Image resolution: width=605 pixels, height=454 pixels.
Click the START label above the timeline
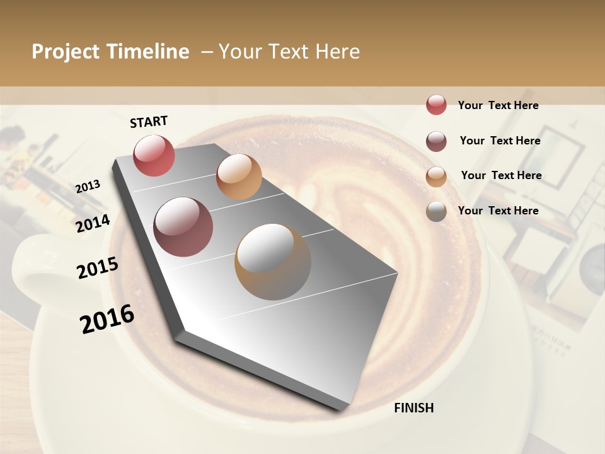149,122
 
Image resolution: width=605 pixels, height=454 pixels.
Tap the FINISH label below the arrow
413,408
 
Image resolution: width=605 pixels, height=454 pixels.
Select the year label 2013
88,187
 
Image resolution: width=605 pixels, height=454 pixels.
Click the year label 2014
93,223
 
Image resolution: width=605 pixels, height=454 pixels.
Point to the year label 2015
98,268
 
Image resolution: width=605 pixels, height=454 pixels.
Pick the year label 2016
107,319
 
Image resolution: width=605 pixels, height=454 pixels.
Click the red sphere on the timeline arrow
154,155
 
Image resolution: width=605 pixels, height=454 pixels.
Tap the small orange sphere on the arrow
239,177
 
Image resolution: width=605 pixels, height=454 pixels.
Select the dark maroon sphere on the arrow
183,227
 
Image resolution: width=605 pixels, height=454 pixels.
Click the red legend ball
436,105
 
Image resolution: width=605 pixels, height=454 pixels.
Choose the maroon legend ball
436,141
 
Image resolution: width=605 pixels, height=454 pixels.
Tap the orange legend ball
436,176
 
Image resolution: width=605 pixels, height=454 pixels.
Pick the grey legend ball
436,211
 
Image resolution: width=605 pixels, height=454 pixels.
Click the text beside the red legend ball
498,105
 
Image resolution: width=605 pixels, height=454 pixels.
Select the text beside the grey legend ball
498,211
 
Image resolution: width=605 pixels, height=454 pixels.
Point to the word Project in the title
65,52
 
